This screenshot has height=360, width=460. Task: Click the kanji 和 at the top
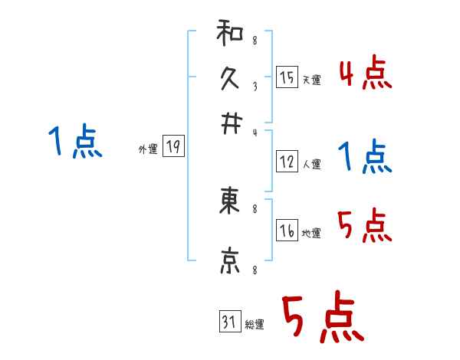(228, 34)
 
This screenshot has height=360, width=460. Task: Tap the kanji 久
(228, 77)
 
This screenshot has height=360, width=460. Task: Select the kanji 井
(228, 122)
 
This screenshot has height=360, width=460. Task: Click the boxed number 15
(287, 77)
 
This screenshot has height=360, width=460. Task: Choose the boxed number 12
(287, 162)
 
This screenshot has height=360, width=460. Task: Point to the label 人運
(311, 164)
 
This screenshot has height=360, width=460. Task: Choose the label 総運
(255, 325)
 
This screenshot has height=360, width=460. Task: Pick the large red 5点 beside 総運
(321, 319)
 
